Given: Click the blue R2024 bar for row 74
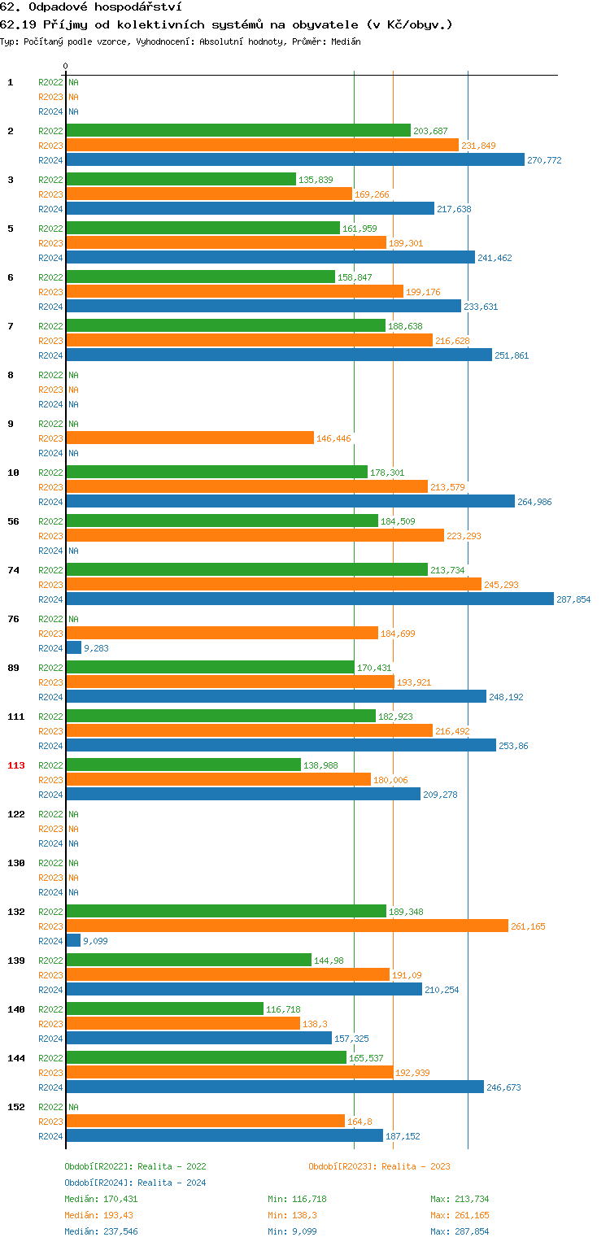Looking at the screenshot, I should (309, 599).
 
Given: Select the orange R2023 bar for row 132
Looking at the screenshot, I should (286, 926).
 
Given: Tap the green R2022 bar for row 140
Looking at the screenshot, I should (164, 1009).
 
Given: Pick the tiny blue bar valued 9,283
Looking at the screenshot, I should (74, 648).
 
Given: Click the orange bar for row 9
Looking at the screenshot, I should (190, 438).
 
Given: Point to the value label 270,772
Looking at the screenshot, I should (544, 160).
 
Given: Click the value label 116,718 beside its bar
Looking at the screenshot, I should (282, 1009).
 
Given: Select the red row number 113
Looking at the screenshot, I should (16, 765).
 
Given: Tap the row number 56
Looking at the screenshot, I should (13, 521).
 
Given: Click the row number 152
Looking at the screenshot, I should (16, 1107).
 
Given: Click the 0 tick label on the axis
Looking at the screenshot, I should (66, 66).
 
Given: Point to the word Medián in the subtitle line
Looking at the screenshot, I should (345, 41).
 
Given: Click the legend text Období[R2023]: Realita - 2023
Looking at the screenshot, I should (379, 1166).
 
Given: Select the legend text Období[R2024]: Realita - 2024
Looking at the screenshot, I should (135, 1183).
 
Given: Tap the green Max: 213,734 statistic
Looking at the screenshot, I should (460, 1199).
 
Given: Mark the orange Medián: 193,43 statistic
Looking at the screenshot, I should (98, 1215).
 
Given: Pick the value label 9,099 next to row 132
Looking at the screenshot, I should (95, 941).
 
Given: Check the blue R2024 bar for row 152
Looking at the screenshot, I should (224, 1136).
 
